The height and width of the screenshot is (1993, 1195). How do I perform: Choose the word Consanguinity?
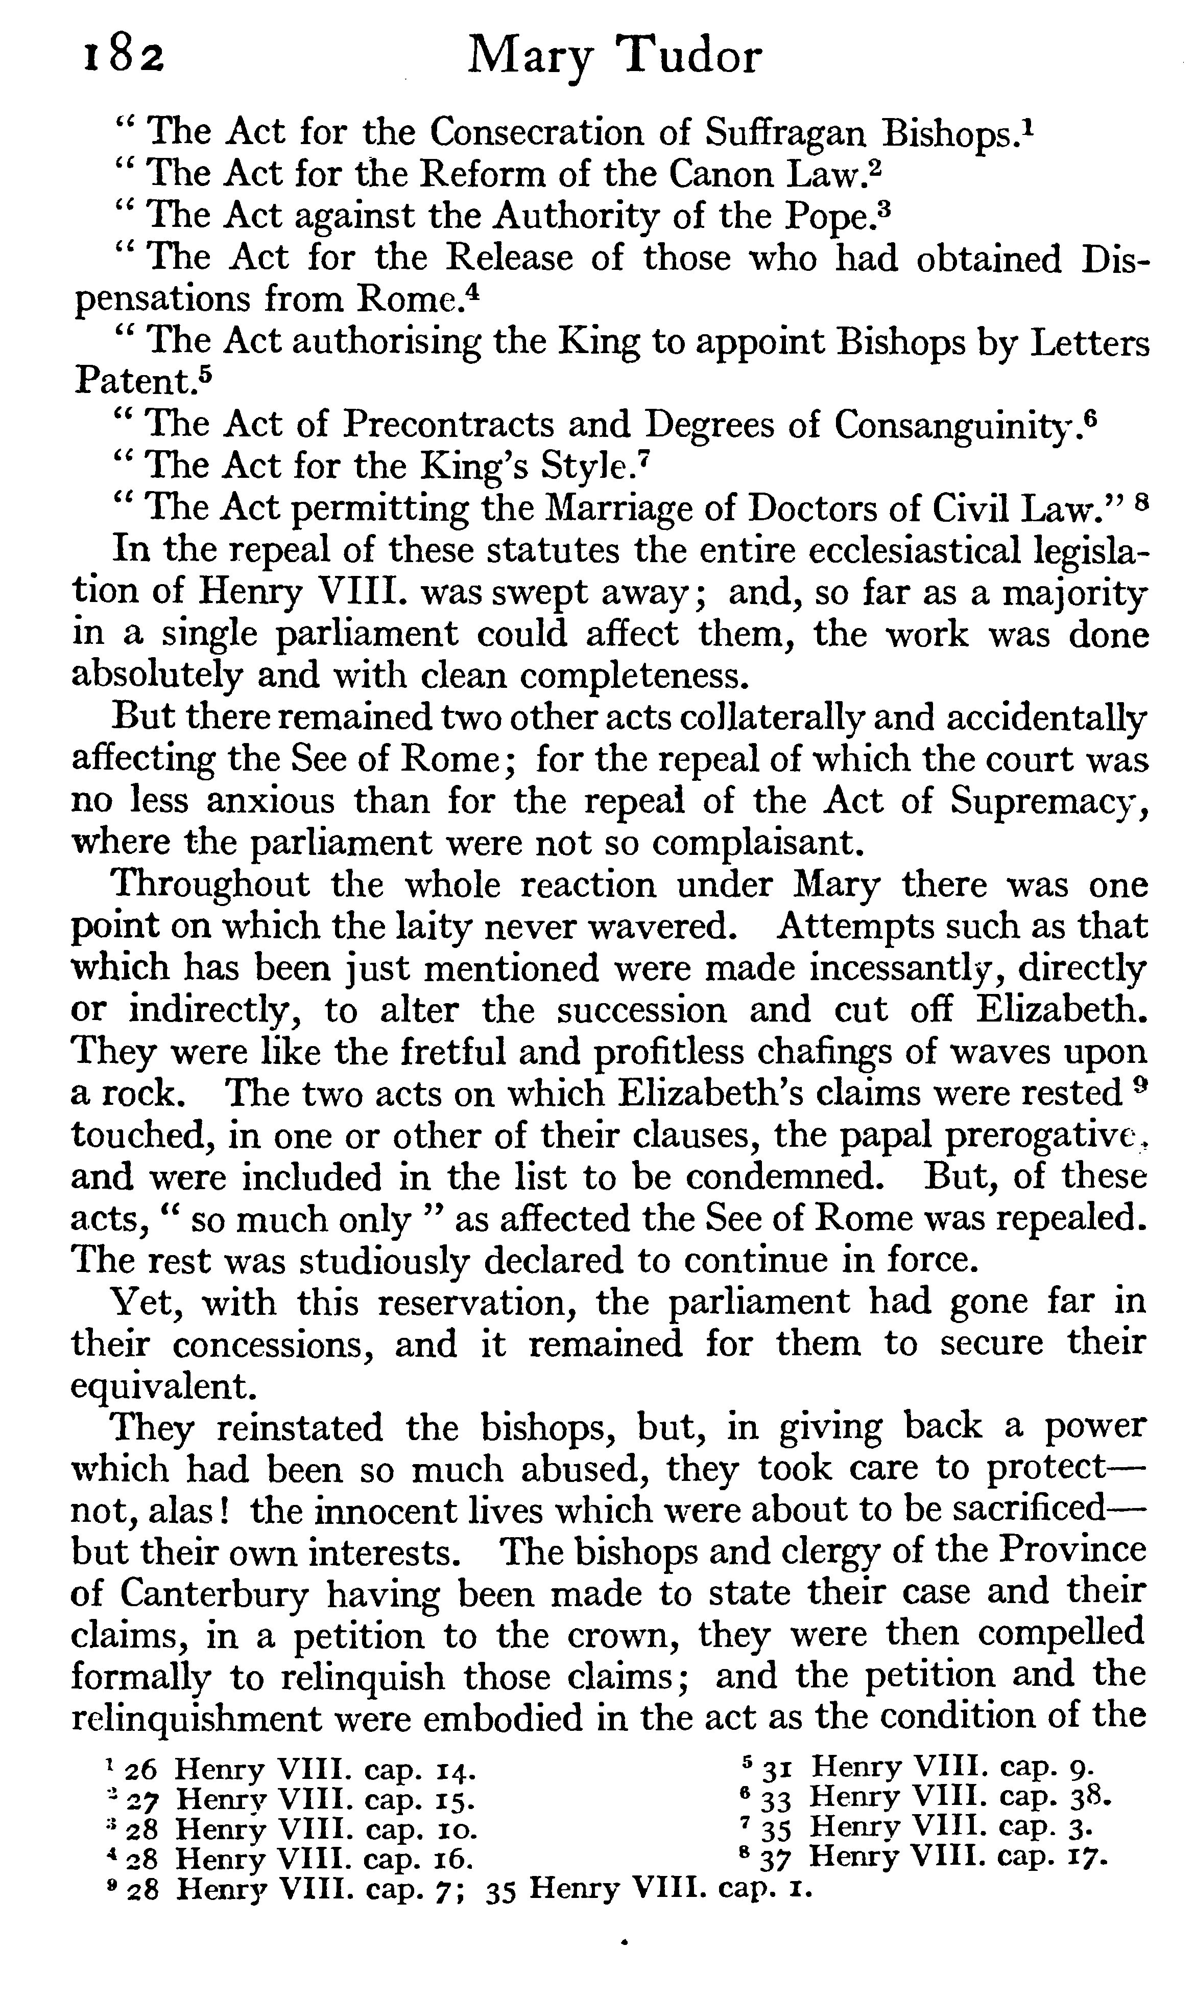(x=957, y=425)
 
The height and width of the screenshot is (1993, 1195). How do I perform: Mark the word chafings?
(x=879, y=1053)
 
